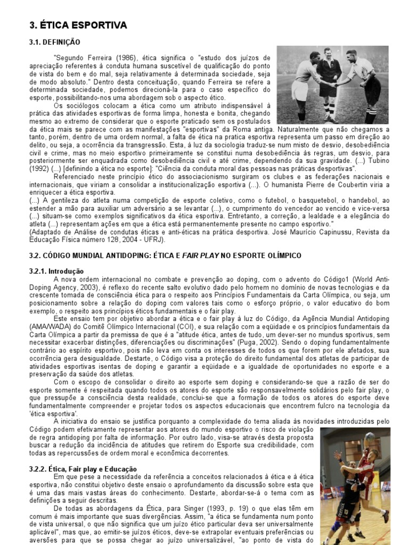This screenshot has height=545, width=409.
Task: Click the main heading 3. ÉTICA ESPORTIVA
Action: coord(78,25)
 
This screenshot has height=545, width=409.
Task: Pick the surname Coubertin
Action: coord(349,184)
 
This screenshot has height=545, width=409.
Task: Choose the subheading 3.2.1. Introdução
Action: coord(56,271)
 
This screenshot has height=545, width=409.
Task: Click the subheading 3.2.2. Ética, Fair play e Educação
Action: coord(83,468)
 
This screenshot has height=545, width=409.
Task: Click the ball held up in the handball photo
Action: coord(369,437)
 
